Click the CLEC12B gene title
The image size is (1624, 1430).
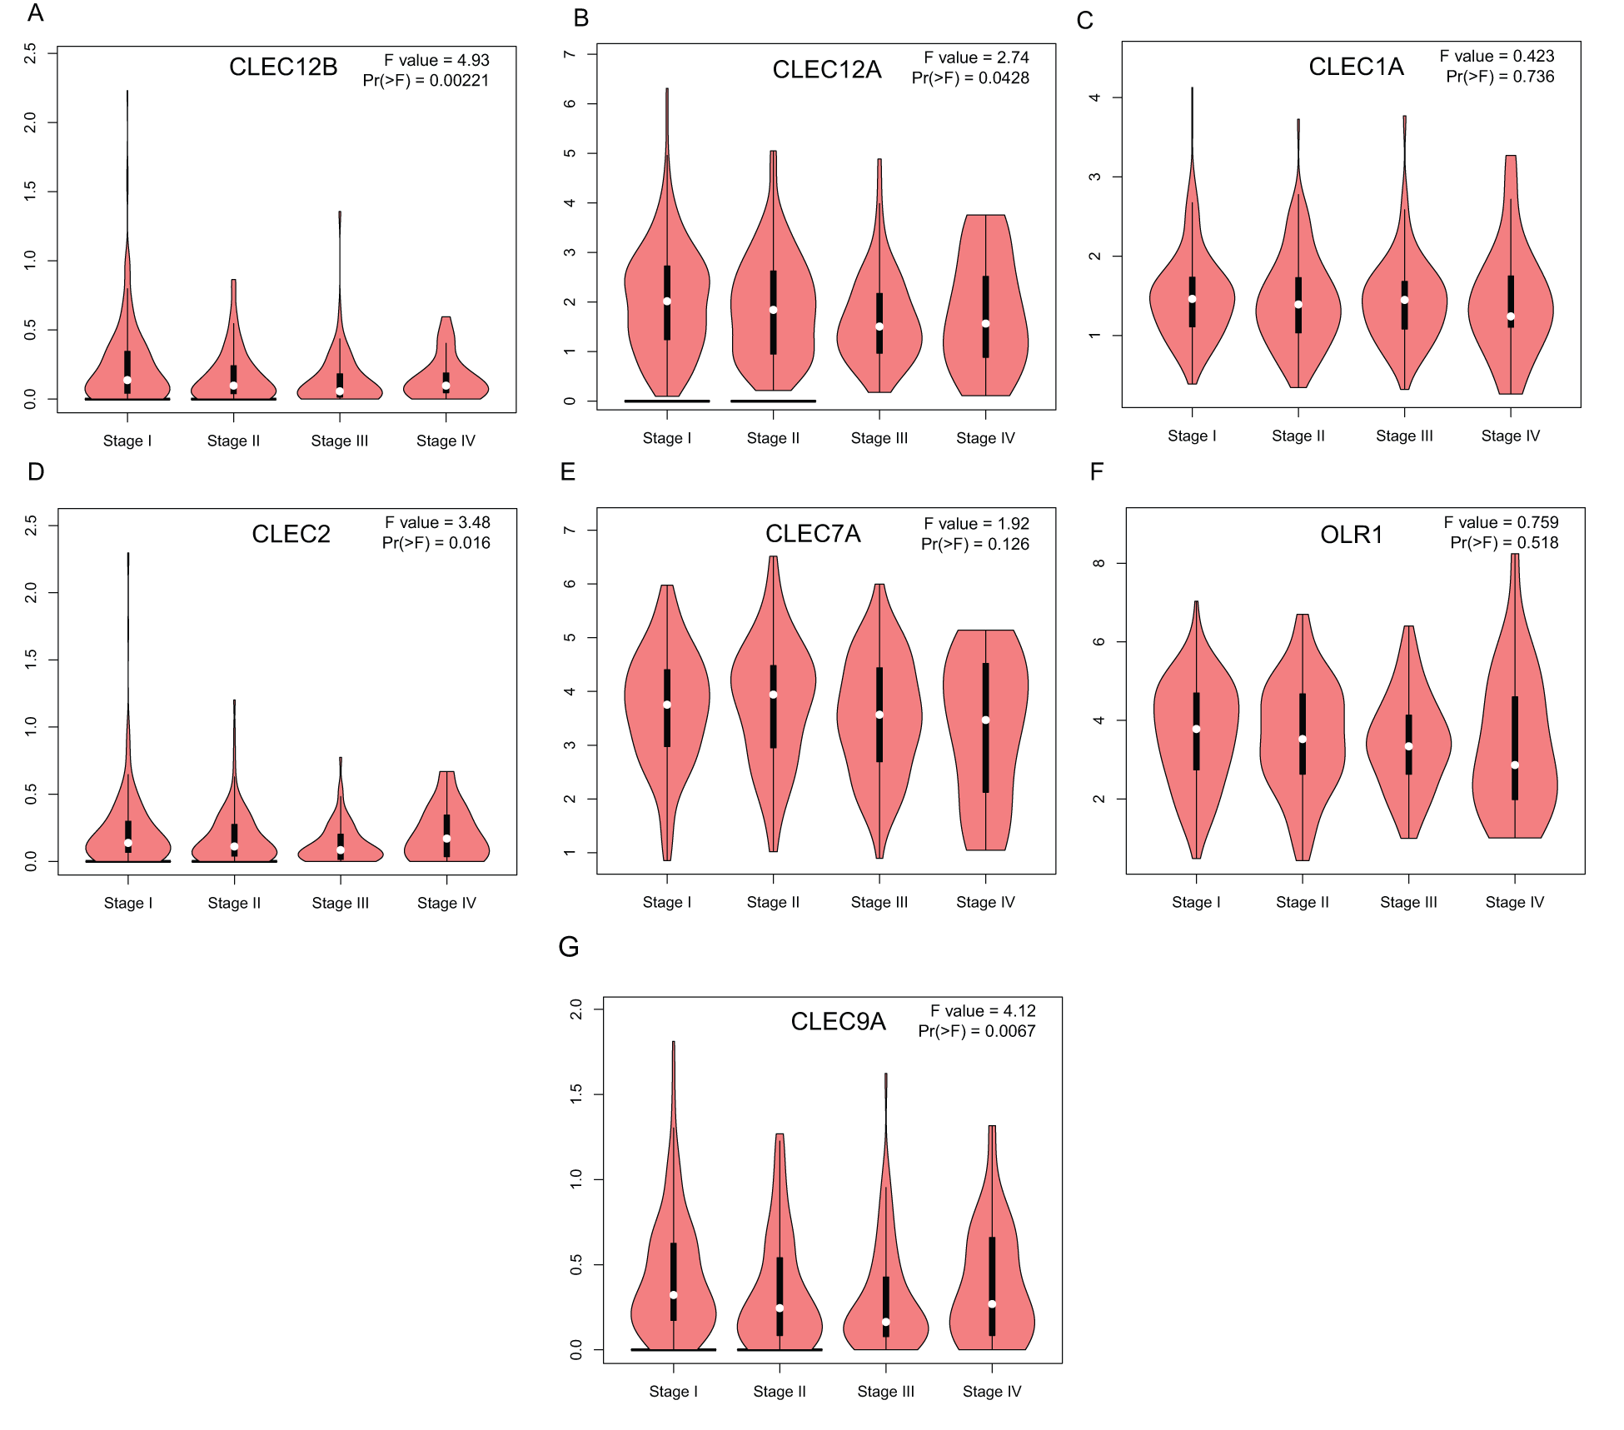pyautogui.click(x=283, y=67)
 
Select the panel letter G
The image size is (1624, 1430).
pyautogui.click(x=568, y=947)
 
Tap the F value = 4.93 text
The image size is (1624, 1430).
pyautogui.click(x=436, y=60)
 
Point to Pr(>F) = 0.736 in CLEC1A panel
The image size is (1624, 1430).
pyautogui.click(x=1500, y=77)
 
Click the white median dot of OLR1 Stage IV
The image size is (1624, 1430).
pyautogui.click(x=1515, y=765)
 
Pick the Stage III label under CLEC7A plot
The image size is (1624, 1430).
pyautogui.click(x=879, y=902)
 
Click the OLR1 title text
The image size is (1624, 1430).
pyautogui.click(x=1351, y=535)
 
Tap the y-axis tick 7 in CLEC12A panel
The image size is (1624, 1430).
pyautogui.click(x=570, y=54)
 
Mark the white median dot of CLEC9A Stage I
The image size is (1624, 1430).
pyautogui.click(x=673, y=1294)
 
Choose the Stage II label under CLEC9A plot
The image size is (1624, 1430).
pyautogui.click(x=780, y=1391)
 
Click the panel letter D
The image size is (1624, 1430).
pyautogui.click(x=36, y=472)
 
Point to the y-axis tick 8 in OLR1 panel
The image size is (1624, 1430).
pyautogui.click(x=1098, y=563)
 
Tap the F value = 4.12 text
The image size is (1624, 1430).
pyautogui.click(x=983, y=1011)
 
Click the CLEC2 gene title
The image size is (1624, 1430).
pyautogui.click(x=291, y=534)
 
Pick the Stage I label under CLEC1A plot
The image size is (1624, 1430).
pyautogui.click(x=1192, y=436)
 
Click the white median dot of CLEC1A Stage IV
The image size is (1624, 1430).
pyautogui.click(x=1511, y=316)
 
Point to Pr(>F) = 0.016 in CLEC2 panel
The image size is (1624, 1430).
pyautogui.click(x=436, y=543)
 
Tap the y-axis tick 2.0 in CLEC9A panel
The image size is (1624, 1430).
pyautogui.click(x=575, y=1009)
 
